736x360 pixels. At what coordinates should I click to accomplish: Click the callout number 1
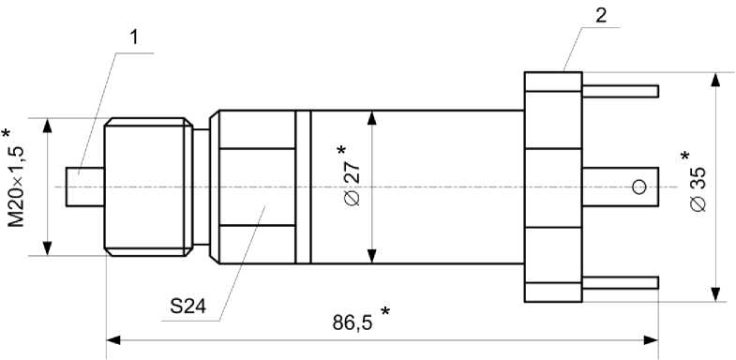(x=134, y=37)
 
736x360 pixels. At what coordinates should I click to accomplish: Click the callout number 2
(x=601, y=15)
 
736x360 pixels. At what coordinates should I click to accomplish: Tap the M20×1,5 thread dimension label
(x=17, y=187)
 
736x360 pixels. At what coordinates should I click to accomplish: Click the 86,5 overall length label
(x=353, y=322)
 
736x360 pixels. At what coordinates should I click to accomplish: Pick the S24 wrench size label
(x=188, y=307)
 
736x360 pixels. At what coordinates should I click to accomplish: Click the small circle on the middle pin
(x=639, y=187)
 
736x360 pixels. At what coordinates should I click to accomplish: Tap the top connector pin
(x=620, y=91)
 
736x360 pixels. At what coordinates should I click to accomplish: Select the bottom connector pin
(x=620, y=282)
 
